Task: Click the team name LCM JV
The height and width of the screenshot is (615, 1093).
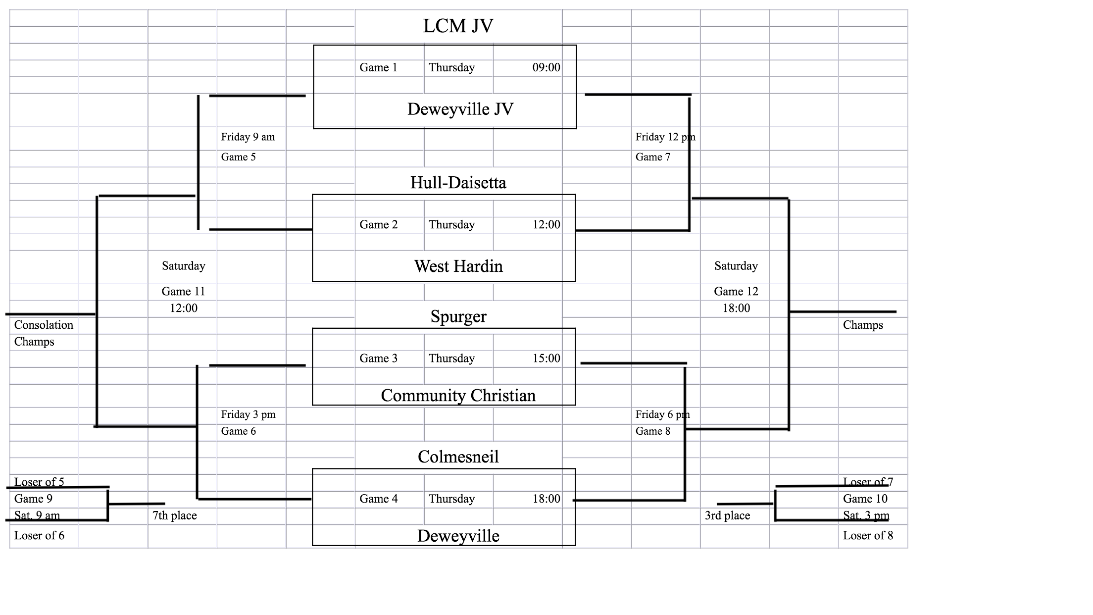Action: [458, 26]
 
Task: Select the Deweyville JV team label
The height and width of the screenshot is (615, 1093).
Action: [460, 109]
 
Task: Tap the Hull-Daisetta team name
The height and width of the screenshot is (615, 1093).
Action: [458, 183]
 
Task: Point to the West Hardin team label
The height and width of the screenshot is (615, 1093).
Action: [458, 266]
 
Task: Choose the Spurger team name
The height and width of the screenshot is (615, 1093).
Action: [458, 316]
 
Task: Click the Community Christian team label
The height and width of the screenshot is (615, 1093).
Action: [458, 395]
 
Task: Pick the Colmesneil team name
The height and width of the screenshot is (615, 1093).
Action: [458, 457]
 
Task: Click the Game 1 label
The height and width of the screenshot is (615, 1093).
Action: [378, 67]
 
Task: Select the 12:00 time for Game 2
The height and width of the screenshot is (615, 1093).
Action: [546, 224]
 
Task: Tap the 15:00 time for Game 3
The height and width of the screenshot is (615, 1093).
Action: [546, 358]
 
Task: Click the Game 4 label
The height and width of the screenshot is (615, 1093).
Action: [378, 499]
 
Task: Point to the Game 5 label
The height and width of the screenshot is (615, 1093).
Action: [238, 157]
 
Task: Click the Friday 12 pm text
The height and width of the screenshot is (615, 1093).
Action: [665, 137]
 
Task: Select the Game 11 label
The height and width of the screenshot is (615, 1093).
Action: [183, 291]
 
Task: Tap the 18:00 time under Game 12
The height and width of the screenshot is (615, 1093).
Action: [736, 308]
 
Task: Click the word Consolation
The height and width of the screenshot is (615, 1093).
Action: [44, 325]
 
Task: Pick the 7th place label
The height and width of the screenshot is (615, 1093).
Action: [174, 515]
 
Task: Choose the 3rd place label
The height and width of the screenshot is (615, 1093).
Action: [727, 515]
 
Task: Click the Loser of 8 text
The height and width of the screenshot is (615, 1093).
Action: [868, 535]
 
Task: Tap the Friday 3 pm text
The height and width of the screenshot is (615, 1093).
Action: [248, 414]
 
